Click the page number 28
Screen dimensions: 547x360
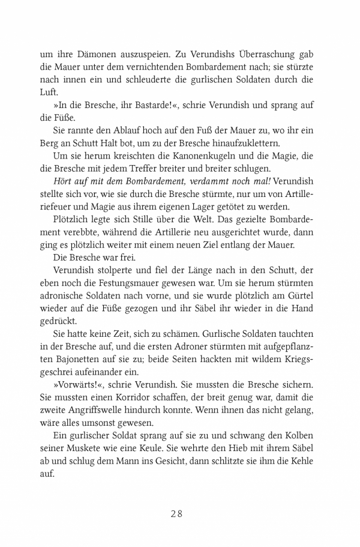(x=180, y=513)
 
